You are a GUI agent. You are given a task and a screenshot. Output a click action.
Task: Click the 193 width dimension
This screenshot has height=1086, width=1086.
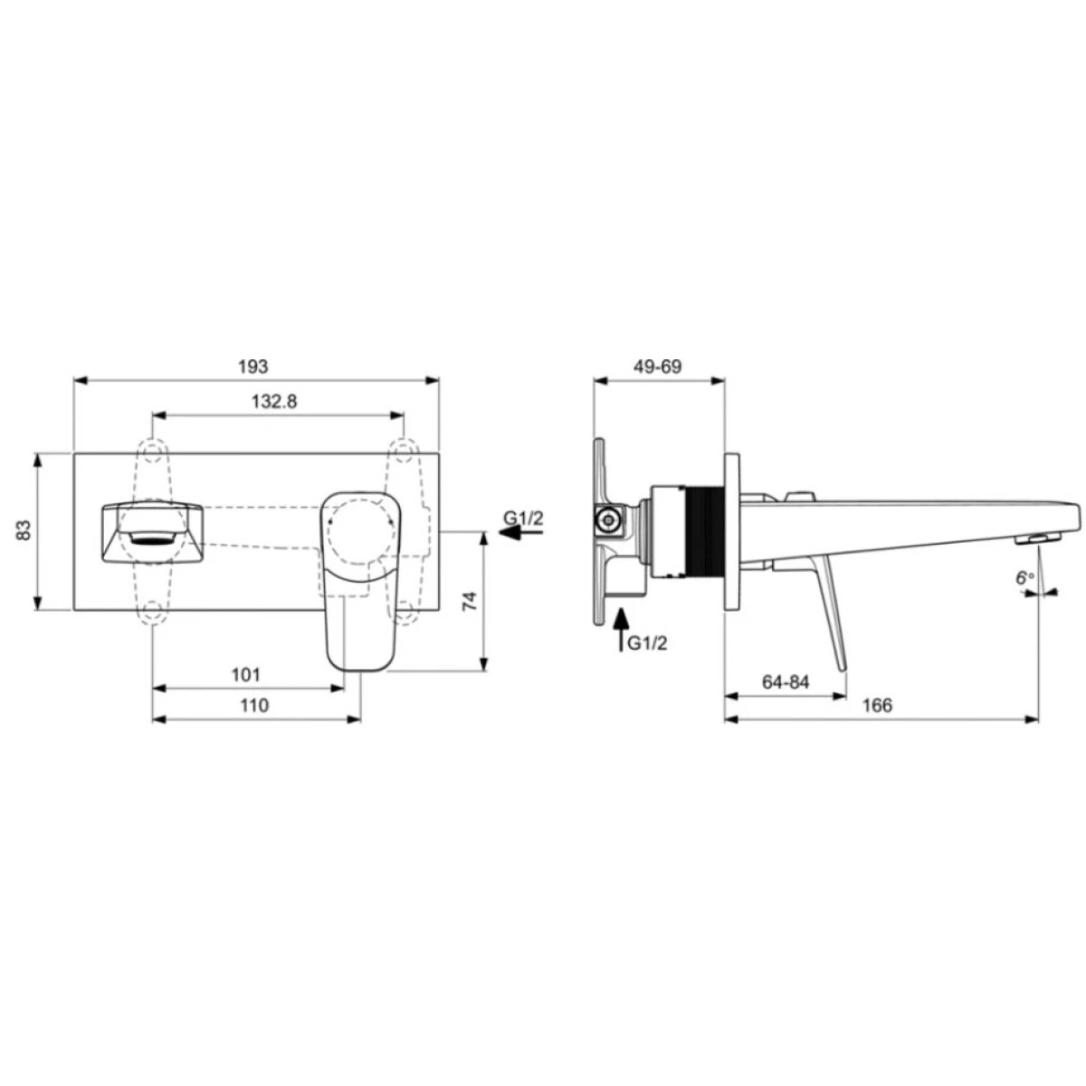(x=253, y=367)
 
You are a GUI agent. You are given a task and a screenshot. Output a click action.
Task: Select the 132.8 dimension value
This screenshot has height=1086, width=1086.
(x=274, y=401)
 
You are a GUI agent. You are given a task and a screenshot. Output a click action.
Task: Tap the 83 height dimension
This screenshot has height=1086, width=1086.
(x=24, y=529)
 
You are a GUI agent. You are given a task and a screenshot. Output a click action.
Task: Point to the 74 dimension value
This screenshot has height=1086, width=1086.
(x=470, y=601)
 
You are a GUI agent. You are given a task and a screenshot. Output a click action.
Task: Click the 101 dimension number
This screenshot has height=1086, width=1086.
(x=246, y=674)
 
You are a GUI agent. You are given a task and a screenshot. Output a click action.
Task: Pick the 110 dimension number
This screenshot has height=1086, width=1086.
(x=254, y=705)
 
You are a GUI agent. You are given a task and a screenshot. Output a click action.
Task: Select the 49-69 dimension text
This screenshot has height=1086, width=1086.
(x=657, y=367)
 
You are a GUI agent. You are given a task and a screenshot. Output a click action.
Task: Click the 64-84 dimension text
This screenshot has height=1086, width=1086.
(x=786, y=682)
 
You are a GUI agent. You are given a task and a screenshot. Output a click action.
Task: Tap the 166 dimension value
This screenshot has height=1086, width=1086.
(x=878, y=705)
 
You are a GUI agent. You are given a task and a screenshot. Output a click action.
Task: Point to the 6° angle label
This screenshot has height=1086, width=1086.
(x=1025, y=577)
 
